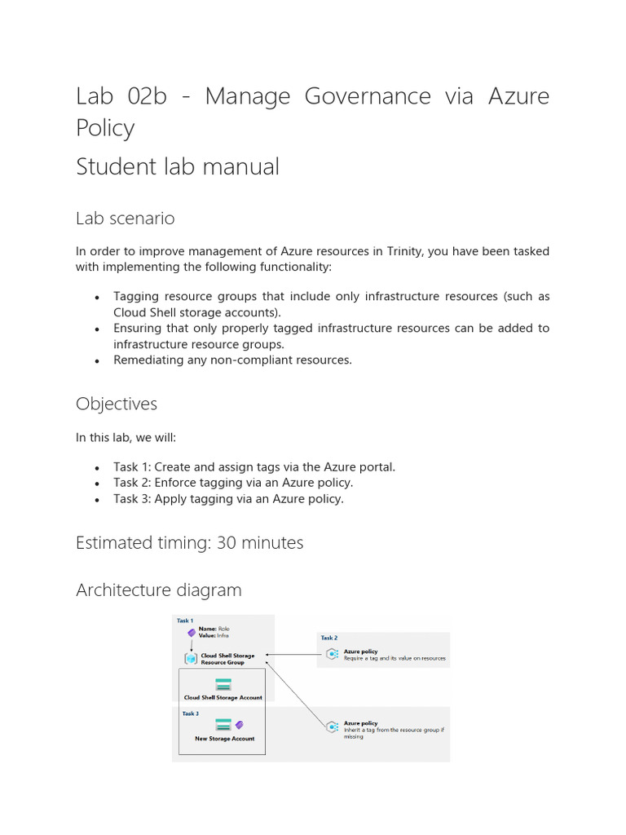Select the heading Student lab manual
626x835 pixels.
tap(178, 166)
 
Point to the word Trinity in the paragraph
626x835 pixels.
tap(397, 251)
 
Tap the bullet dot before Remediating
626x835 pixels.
tap(97, 360)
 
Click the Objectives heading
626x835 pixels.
tap(117, 404)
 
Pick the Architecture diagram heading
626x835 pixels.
tap(159, 590)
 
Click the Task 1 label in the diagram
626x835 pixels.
tap(185, 621)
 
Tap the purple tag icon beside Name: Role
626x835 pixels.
tap(191, 632)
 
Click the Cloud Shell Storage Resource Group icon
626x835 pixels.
tap(190, 658)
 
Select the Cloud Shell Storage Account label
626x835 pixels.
tap(223, 698)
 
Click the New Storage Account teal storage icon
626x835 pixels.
tap(223, 724)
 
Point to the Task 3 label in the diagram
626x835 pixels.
tap(189, 714)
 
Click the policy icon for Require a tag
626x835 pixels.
tap(332, 654)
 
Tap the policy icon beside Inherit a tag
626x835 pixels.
tap(332, 727)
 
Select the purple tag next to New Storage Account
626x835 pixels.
tap(239, 724)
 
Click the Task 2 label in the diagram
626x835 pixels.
tap(328, 638)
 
